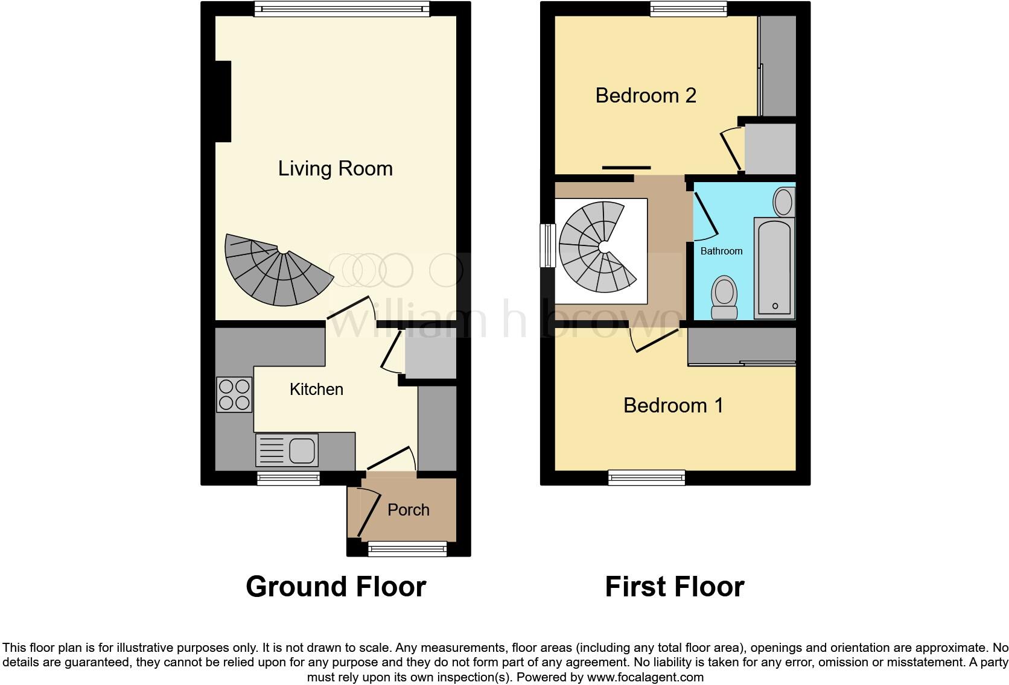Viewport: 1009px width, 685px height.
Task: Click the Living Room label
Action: (335, 168)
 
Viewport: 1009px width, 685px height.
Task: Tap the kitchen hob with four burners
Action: (234, 394)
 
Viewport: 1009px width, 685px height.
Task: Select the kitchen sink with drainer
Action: (287, 450)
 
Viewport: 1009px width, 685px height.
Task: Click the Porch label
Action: (408, 510)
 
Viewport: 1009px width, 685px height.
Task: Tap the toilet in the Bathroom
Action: (724, 297)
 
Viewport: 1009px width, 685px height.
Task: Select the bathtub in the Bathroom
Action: (774, 267)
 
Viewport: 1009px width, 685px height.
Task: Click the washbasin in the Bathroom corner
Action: (783, 201)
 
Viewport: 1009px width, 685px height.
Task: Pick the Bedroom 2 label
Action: (645, 95)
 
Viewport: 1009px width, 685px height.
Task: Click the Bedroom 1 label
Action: (673, 405)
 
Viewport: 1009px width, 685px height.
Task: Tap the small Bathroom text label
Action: (721, 251)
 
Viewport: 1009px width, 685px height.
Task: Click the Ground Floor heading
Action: (336, 586)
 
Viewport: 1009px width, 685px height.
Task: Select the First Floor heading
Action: (674, 586)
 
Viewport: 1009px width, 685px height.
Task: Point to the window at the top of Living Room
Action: (342, 8)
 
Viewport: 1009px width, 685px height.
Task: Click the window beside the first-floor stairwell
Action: (547, 245)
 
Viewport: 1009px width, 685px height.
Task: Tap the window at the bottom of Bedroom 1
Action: (646, 478)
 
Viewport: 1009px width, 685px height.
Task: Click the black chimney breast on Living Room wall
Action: (223, 101)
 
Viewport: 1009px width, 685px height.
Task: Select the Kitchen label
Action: (316, 389)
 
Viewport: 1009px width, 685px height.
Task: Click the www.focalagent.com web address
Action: (645, 677)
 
